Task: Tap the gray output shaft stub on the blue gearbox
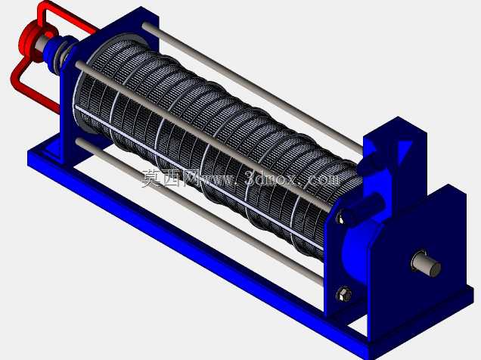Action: (427, 264)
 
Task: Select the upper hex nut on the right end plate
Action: (341, 216)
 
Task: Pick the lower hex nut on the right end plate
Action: (343, 294)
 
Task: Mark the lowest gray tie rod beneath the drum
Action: (200, 212)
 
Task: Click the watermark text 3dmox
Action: (271, 178)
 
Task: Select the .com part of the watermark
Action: (323, 178)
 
